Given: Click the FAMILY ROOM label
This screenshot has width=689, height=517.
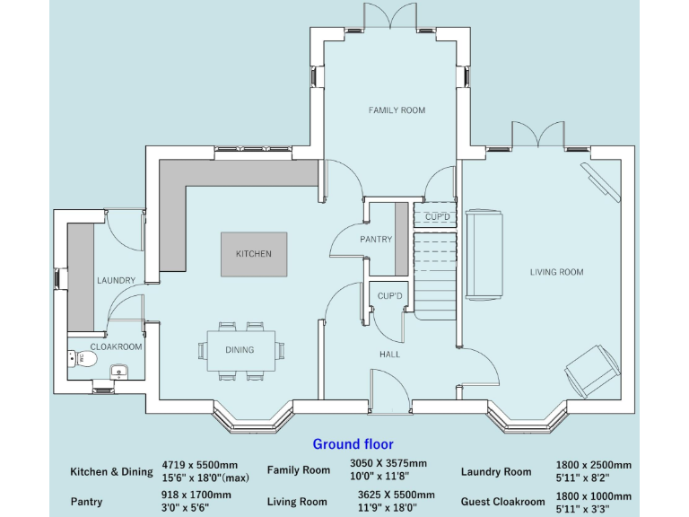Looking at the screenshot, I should pyautogui.click(x=397, y=110).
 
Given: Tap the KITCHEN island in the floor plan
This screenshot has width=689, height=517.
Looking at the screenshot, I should pyautogui.click(x=254, y=254).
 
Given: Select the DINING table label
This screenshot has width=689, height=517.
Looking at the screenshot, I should pyautogui.click(x=240, y=350).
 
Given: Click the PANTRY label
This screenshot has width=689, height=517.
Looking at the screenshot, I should pyautogui.click(x=376, y=240).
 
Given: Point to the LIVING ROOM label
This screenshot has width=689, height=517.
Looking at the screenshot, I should pyautogui.click(x=556, y=272).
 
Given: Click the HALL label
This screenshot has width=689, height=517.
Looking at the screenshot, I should pyautogui.click(x=389, y=355).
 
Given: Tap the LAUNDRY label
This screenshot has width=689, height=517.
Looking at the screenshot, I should pyautogui.click(x=116, y=281).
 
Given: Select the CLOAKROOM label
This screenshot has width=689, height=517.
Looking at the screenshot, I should pyautogui.click(x=117, y=346).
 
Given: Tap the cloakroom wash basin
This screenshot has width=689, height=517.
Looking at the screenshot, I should pyautogui.click(x=118, y=370).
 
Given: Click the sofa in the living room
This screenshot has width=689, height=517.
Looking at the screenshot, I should pyautogui.click(x=484, y=255).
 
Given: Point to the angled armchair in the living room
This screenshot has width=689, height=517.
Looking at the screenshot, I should pyautogui.click(x=591, y=370).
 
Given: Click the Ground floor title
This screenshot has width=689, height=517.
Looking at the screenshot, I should pyautogui.click(x=353, y=443).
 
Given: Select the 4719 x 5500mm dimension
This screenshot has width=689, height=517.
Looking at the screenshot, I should pyautogui.click(x=199, y=465).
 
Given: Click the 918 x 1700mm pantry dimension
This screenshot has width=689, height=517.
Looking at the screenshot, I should pyautogui.click(x=196, y=495).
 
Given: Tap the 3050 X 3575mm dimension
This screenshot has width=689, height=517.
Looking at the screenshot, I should pyautogui.click(x=388, y=463).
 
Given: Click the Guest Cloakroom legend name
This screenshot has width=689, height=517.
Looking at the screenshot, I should pyautogui.click(x=502, y=502).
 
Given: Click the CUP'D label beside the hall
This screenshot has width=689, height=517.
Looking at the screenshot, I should pyautogui.click(x=390, y=296).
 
